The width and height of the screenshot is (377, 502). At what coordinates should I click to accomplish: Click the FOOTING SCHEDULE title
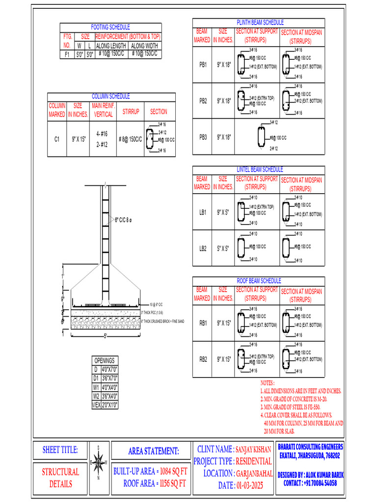110,27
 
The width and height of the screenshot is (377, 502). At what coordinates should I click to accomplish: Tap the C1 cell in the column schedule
57,139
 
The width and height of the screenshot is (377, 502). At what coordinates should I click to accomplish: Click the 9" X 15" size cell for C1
79,139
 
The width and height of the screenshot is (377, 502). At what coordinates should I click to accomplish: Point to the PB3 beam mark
203,138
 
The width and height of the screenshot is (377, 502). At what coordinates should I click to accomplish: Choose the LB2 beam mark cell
203,249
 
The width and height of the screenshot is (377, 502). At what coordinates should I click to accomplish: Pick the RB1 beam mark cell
203,323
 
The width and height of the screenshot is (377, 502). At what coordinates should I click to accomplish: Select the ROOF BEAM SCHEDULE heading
259,281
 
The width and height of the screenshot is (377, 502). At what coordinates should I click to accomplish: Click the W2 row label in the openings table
96,396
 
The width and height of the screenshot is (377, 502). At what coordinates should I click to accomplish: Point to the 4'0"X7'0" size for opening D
109,369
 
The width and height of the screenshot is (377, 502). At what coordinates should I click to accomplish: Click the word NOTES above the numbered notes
268,382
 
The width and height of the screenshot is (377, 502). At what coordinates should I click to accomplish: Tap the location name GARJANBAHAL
254,474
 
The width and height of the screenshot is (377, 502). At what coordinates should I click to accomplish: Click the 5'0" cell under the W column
79,54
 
